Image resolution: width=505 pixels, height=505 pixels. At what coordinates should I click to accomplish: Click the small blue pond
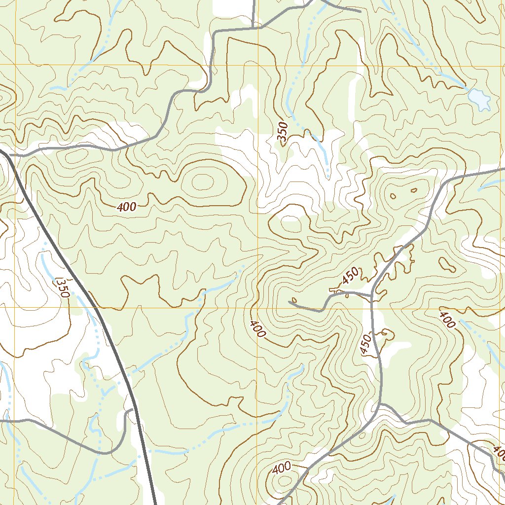(479, 99)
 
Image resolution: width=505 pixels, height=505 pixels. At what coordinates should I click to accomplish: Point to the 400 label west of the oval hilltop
(127, 208)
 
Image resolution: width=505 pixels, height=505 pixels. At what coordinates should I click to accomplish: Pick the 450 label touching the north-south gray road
(365, 344)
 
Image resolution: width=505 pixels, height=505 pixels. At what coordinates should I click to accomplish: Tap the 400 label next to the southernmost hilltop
(281, 468)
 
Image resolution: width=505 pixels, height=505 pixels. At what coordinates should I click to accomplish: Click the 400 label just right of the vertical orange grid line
(257, 329)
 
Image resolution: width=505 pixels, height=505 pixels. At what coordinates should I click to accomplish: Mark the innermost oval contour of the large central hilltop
(202, 181)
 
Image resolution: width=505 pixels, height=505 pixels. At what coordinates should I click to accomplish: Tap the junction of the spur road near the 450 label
(371, 295)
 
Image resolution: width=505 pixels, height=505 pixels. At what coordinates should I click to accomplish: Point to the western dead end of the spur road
(289, 302)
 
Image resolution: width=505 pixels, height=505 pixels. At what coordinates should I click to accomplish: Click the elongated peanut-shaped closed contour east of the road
(447, 264)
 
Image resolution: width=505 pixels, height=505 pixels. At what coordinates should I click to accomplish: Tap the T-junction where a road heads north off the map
(253, 28)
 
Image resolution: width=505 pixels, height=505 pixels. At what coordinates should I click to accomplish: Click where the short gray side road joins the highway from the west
(133, 409)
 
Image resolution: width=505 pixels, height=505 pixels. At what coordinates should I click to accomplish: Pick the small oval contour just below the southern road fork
(362, 435)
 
